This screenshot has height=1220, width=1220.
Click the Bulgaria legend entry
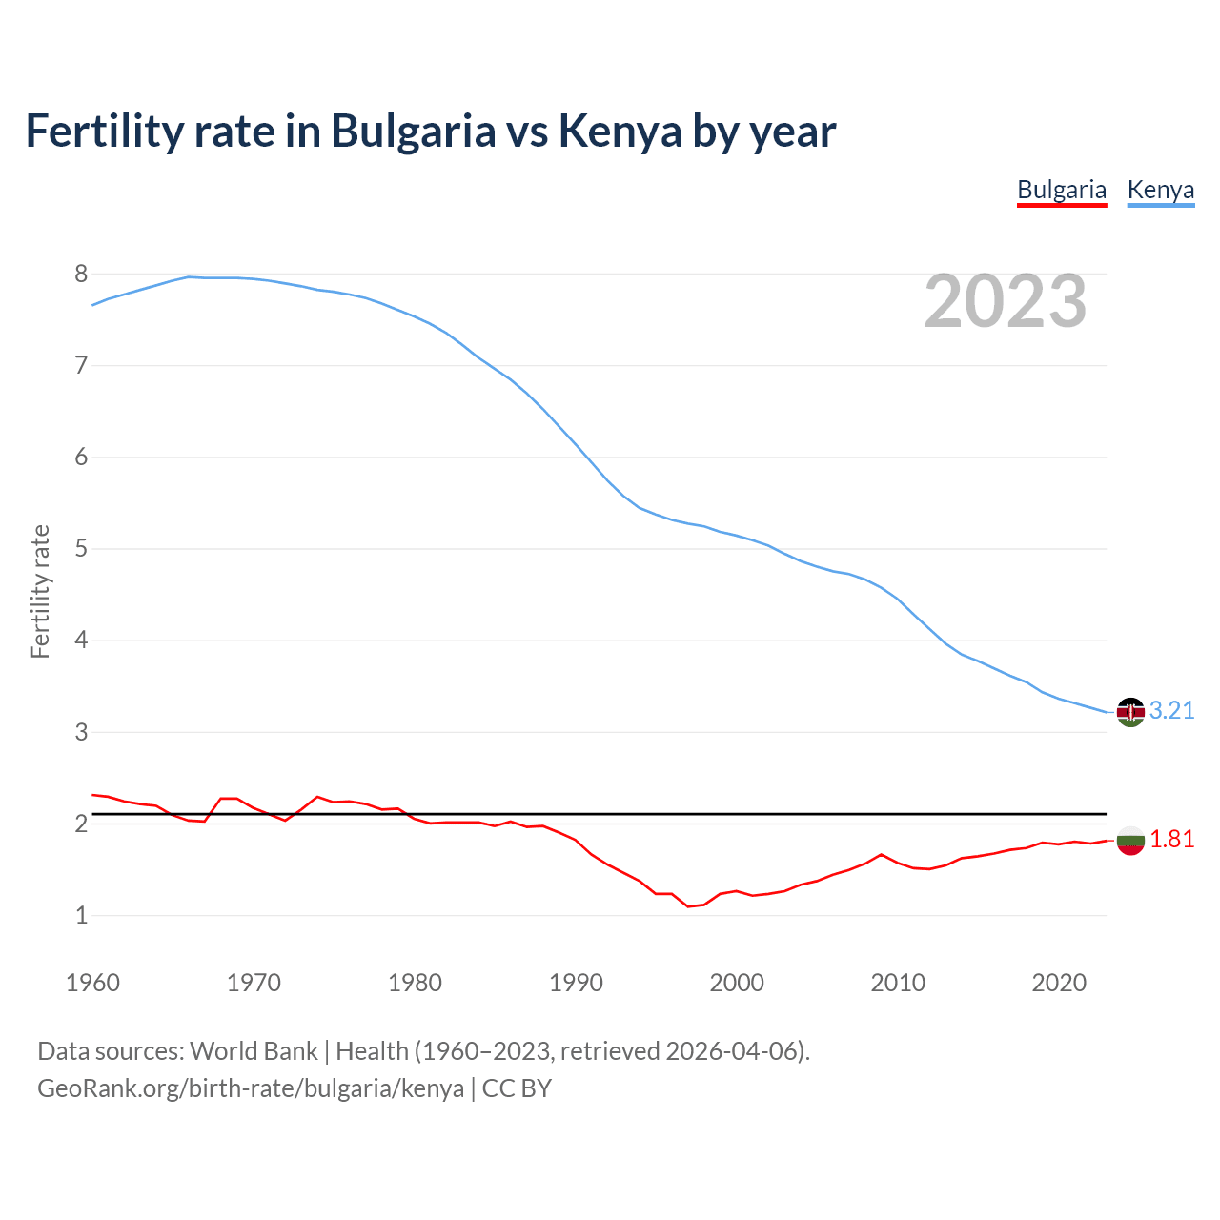[1062, 190]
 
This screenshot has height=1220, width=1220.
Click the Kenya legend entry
[1160, 190]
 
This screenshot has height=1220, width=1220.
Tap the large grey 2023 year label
[1006, 301]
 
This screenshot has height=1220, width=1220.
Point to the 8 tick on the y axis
[81, 274]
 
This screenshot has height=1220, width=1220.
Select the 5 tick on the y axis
[81, 549]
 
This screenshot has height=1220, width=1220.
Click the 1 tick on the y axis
[81, 916]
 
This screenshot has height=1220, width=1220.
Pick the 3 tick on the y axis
[81, 733]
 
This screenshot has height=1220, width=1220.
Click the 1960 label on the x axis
[92, 983]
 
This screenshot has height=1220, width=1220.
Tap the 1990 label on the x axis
[576, 983]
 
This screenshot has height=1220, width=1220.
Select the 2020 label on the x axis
[1059, 983]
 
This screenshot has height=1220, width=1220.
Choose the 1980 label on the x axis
[415, 983]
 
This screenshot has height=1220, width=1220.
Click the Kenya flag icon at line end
[1130, 712]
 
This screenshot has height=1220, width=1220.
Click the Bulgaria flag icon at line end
[1130, 841]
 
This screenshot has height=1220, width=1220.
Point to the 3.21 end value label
[1171, 711]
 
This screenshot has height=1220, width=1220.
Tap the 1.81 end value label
[1171, 840]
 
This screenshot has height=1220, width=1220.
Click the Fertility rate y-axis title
[40, 591]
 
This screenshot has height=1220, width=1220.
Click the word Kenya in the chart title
[620, 131]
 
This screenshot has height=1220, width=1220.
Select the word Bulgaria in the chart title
[413, 131]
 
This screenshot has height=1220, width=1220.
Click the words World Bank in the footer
[254, 1051]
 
